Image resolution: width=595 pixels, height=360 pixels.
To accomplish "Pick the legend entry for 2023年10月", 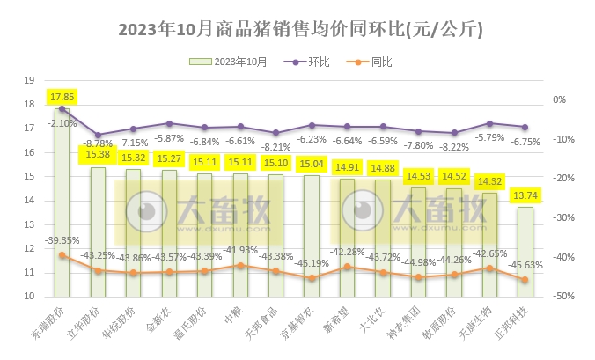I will (x=232, y=62).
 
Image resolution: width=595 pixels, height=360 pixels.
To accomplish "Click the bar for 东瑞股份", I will (x=62, y=202).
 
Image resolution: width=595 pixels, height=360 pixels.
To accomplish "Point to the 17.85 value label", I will (x=62, y=97).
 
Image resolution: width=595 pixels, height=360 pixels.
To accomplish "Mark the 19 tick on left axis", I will (x=28, y=80).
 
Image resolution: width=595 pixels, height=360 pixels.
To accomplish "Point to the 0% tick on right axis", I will (x=560, y=99).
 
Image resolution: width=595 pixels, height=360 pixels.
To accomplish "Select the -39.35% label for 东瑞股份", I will (x=62, y=239).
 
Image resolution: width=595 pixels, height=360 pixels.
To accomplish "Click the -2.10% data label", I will (x=62, y=123).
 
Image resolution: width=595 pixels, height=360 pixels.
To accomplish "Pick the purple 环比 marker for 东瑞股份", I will (x=62, y=108).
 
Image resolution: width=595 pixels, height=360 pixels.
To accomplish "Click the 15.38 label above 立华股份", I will (x=98, y=155).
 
